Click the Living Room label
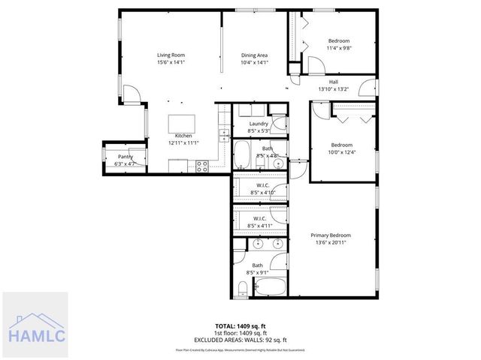click(171, 55)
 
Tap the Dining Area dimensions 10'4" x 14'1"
click(254, 63)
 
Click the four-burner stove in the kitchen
click(201, 166)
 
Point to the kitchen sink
click(223, 134)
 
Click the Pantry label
click(124, 156)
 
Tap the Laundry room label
click(259, 124)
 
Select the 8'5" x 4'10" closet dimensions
click(262, 193)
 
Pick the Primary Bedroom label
click(331, 235)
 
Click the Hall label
click(334, 82)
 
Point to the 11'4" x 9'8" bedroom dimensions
click(339, 48)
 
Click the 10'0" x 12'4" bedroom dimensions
click(342, 152)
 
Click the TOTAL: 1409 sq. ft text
click(240, 326)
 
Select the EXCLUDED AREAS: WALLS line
click(240, 338)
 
